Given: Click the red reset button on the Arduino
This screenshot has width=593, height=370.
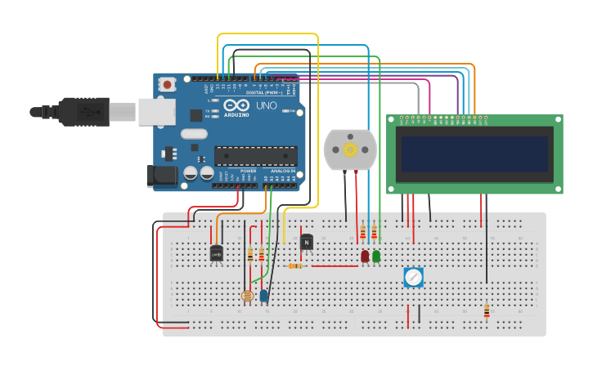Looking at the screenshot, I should pyautogui.click(x=168, y=83).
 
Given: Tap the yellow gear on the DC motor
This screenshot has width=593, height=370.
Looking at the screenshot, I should pyautogui.click(x=351, y=149).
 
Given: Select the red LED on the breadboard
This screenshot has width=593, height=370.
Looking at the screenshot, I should pyautogui.click(x=365, y=256).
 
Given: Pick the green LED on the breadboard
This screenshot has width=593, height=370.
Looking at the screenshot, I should pyautogui.click(x=376, y=256).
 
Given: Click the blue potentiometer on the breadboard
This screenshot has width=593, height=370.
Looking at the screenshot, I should pyautogui.click(x=413, y=278).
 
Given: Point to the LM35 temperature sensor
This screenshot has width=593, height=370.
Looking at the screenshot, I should pyautogui.click(x=216, y=254).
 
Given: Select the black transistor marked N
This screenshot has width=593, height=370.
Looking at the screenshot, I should pyautogui.click(x=307, y=242).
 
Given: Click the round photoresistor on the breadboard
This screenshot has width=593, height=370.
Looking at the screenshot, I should pyautogui.click(x=248, y=296).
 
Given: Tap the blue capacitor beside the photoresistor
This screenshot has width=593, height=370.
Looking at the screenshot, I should pyautogui.click(x=264, y=296).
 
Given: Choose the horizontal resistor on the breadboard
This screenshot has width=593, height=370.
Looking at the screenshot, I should pyautogui.click(x=295, y=265).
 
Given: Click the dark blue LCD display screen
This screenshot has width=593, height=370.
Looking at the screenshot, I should pyautogui.click(x=474, y=154).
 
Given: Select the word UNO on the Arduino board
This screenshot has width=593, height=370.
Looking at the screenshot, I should pyautogui.click(x=267, y=107).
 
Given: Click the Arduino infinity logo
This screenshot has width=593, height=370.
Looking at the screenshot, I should pyautogui.click(x=243, y=107).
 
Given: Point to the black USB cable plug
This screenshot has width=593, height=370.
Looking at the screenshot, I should pyautogui.click(x=82, y=112).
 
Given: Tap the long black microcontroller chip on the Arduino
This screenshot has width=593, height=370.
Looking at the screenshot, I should pyautogui.click(x=255, y=155).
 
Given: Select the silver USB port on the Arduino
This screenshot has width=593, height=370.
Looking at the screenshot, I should pyautogui.click(x=156, y=112).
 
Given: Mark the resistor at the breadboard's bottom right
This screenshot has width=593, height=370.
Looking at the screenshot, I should pyautogui.click(x=487, y=310).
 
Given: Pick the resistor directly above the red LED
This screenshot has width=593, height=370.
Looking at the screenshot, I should pyautogui.click(x=363, y=234).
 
